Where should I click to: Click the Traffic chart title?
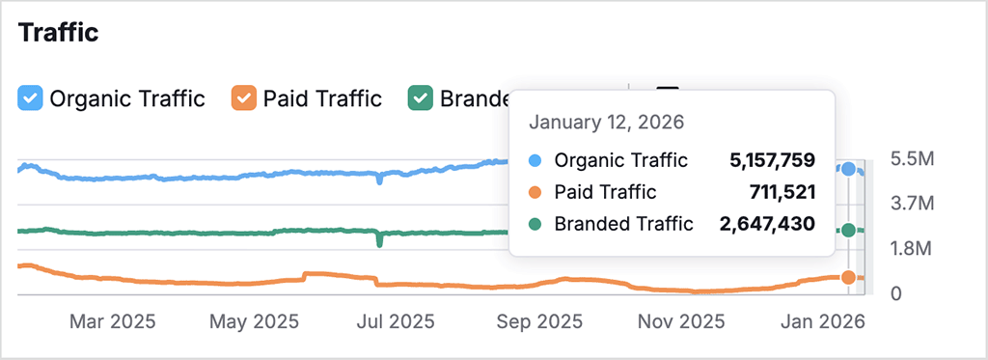(x=59, y=33)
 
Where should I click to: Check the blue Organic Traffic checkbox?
(x=31, y=97)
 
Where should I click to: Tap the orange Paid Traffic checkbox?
(x=244, y=97)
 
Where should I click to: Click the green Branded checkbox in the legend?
(x=420, y=97)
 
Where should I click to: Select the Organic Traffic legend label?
(x=127, y=97)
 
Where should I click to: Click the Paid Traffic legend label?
(x=322, y=97)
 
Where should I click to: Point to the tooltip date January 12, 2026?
(x=606, y=123)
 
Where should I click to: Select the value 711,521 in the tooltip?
(x=782, y=192)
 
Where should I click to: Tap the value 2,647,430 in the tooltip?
(x=767, y=224)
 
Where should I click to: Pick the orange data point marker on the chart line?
(x=848, y=277)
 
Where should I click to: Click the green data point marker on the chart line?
(x=848, y=230)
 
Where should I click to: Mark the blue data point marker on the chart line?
(x=848, y=169)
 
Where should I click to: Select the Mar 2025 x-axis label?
(x=112, y=320)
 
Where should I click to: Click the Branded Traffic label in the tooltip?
(x=623, y=224)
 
